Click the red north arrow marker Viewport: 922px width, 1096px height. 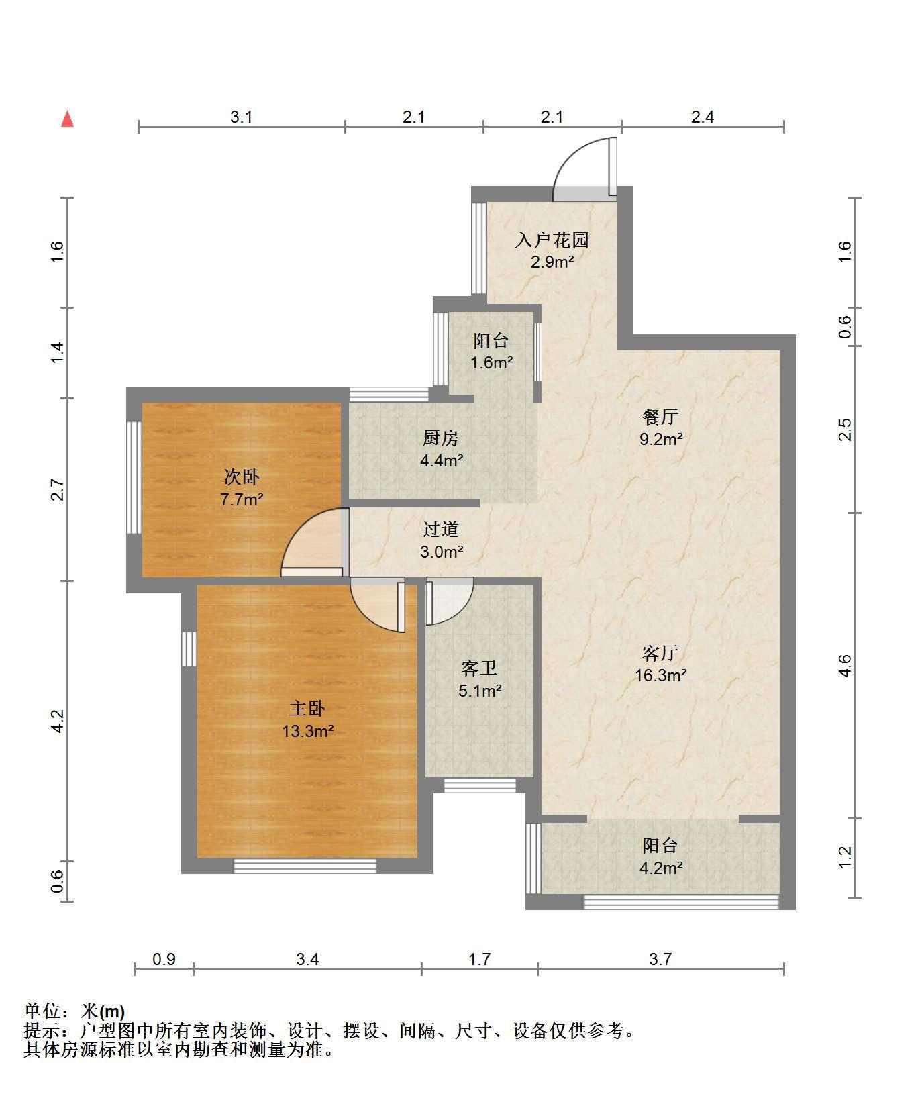[x=67, y=119]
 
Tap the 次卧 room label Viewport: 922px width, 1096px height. [x=242, y=477]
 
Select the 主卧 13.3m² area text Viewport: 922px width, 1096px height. [x=308, y=731]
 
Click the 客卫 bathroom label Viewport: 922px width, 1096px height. [x=480, y=668]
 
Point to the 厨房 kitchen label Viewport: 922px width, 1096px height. [x=441, y=438]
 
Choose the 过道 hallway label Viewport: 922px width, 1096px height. [x=441, y=530]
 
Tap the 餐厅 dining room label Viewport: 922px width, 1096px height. [x=660, y=417]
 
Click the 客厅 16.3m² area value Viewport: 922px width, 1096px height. [x=660, y=675]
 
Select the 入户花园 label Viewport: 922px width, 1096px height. [x=552, y=240]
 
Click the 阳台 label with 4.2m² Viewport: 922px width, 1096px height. [x=660, y=845]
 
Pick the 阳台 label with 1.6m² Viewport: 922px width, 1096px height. [x=491, y=341]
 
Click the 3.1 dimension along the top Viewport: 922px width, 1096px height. [x=242, y=117]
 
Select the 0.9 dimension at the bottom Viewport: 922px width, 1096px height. [x=164, y=959]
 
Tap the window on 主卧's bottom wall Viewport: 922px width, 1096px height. [x=305, y=866]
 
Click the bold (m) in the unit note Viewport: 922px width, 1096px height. [x=112, y=1011]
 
